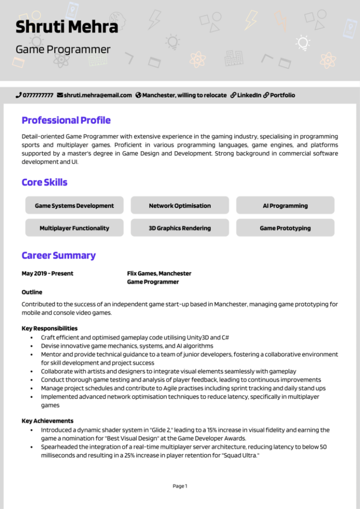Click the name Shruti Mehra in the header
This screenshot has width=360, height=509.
(67, 27)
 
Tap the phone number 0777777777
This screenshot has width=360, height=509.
(38, 95)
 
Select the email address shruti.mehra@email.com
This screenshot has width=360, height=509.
(97, 95)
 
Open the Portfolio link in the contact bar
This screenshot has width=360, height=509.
(282, 95)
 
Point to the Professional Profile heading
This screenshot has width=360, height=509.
(66, 120)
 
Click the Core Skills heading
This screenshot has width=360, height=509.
(44, 182)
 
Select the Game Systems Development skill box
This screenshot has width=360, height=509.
(74, 205)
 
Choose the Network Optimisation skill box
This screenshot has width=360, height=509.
(180, 205)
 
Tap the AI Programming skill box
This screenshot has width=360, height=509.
(285, 205)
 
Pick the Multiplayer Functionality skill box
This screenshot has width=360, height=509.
(74, 228)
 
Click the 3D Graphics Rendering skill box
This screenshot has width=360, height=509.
(180, 228)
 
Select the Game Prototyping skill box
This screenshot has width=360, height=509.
(285, 228)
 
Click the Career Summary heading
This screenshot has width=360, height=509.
(58, 255)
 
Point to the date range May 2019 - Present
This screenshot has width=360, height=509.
(47, 273)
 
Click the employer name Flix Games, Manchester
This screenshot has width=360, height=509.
(159, 273)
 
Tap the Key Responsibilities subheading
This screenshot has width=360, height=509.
(49, 328)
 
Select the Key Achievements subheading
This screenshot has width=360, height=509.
(47, 421)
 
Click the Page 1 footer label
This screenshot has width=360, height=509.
(180, 486)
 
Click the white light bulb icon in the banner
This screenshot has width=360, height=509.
(302, 43)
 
